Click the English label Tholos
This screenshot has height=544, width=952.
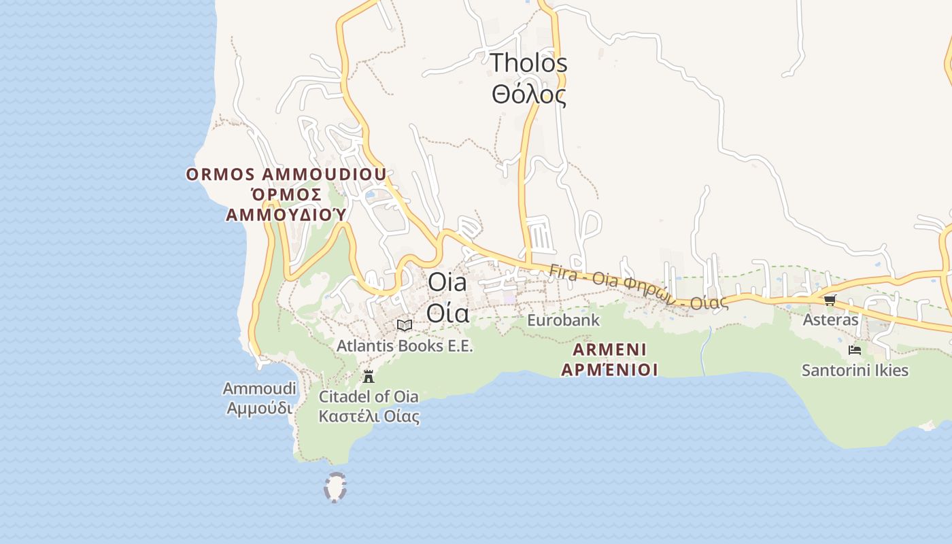(x=529, y=63)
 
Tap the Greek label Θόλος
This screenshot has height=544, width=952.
(x=529, y=94)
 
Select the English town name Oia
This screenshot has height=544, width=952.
(x=447, y=282)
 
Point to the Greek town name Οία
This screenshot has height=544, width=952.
(x=447, y=313)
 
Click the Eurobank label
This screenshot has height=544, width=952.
(x=564, y=320)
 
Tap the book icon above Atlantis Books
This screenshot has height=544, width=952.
(x=405, y=326)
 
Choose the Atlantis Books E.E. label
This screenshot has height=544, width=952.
(x=405, y=346)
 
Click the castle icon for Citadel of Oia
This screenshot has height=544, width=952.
(x=369, y=376)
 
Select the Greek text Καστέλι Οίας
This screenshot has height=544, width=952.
(x=369, y=416)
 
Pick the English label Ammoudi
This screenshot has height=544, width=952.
(x=260, y=388)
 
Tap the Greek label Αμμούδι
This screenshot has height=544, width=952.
(x=260, y=408)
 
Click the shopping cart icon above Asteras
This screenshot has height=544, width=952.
(x=830, y=300)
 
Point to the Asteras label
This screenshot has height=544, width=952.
(x=830, y=320)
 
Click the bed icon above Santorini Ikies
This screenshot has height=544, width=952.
(x=855, y=350)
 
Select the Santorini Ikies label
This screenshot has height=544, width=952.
(x=855, y=371)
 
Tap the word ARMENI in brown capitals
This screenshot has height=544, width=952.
(x=610, y=350)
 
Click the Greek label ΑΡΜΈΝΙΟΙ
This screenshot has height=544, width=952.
(x=610, y=371)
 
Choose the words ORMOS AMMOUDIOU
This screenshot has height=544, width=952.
(x=286, y=175)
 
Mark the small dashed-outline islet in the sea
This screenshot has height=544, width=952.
(x=335, y=488)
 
